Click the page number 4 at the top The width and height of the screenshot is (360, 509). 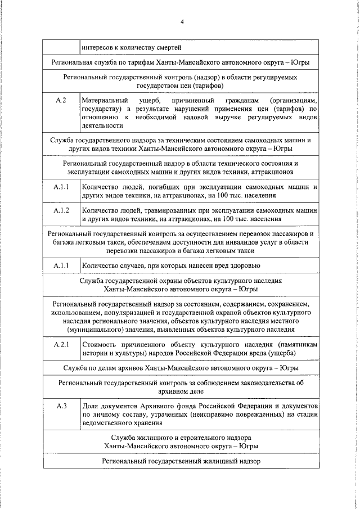coord(182,22)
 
